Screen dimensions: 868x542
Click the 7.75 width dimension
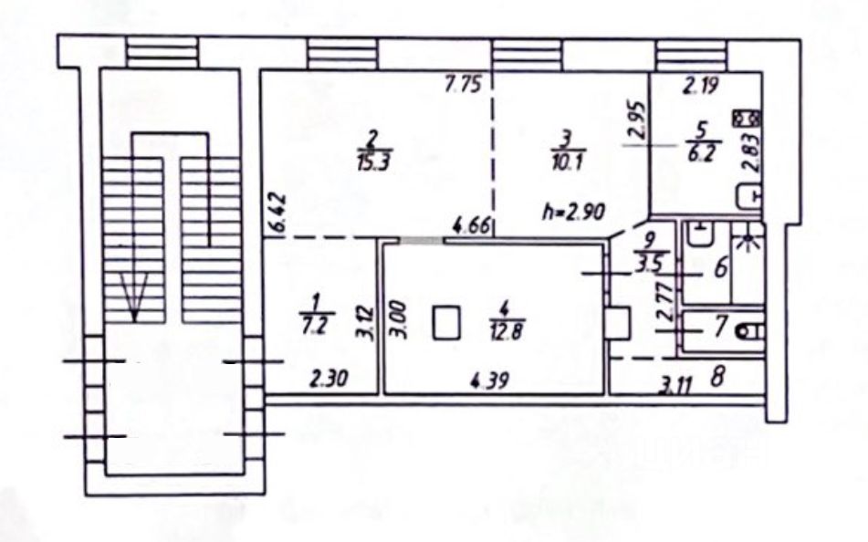click(x=463, y=86)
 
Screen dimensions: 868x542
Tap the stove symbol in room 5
click(x=748, y=119)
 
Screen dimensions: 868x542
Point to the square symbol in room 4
click(x=446, y=323)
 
